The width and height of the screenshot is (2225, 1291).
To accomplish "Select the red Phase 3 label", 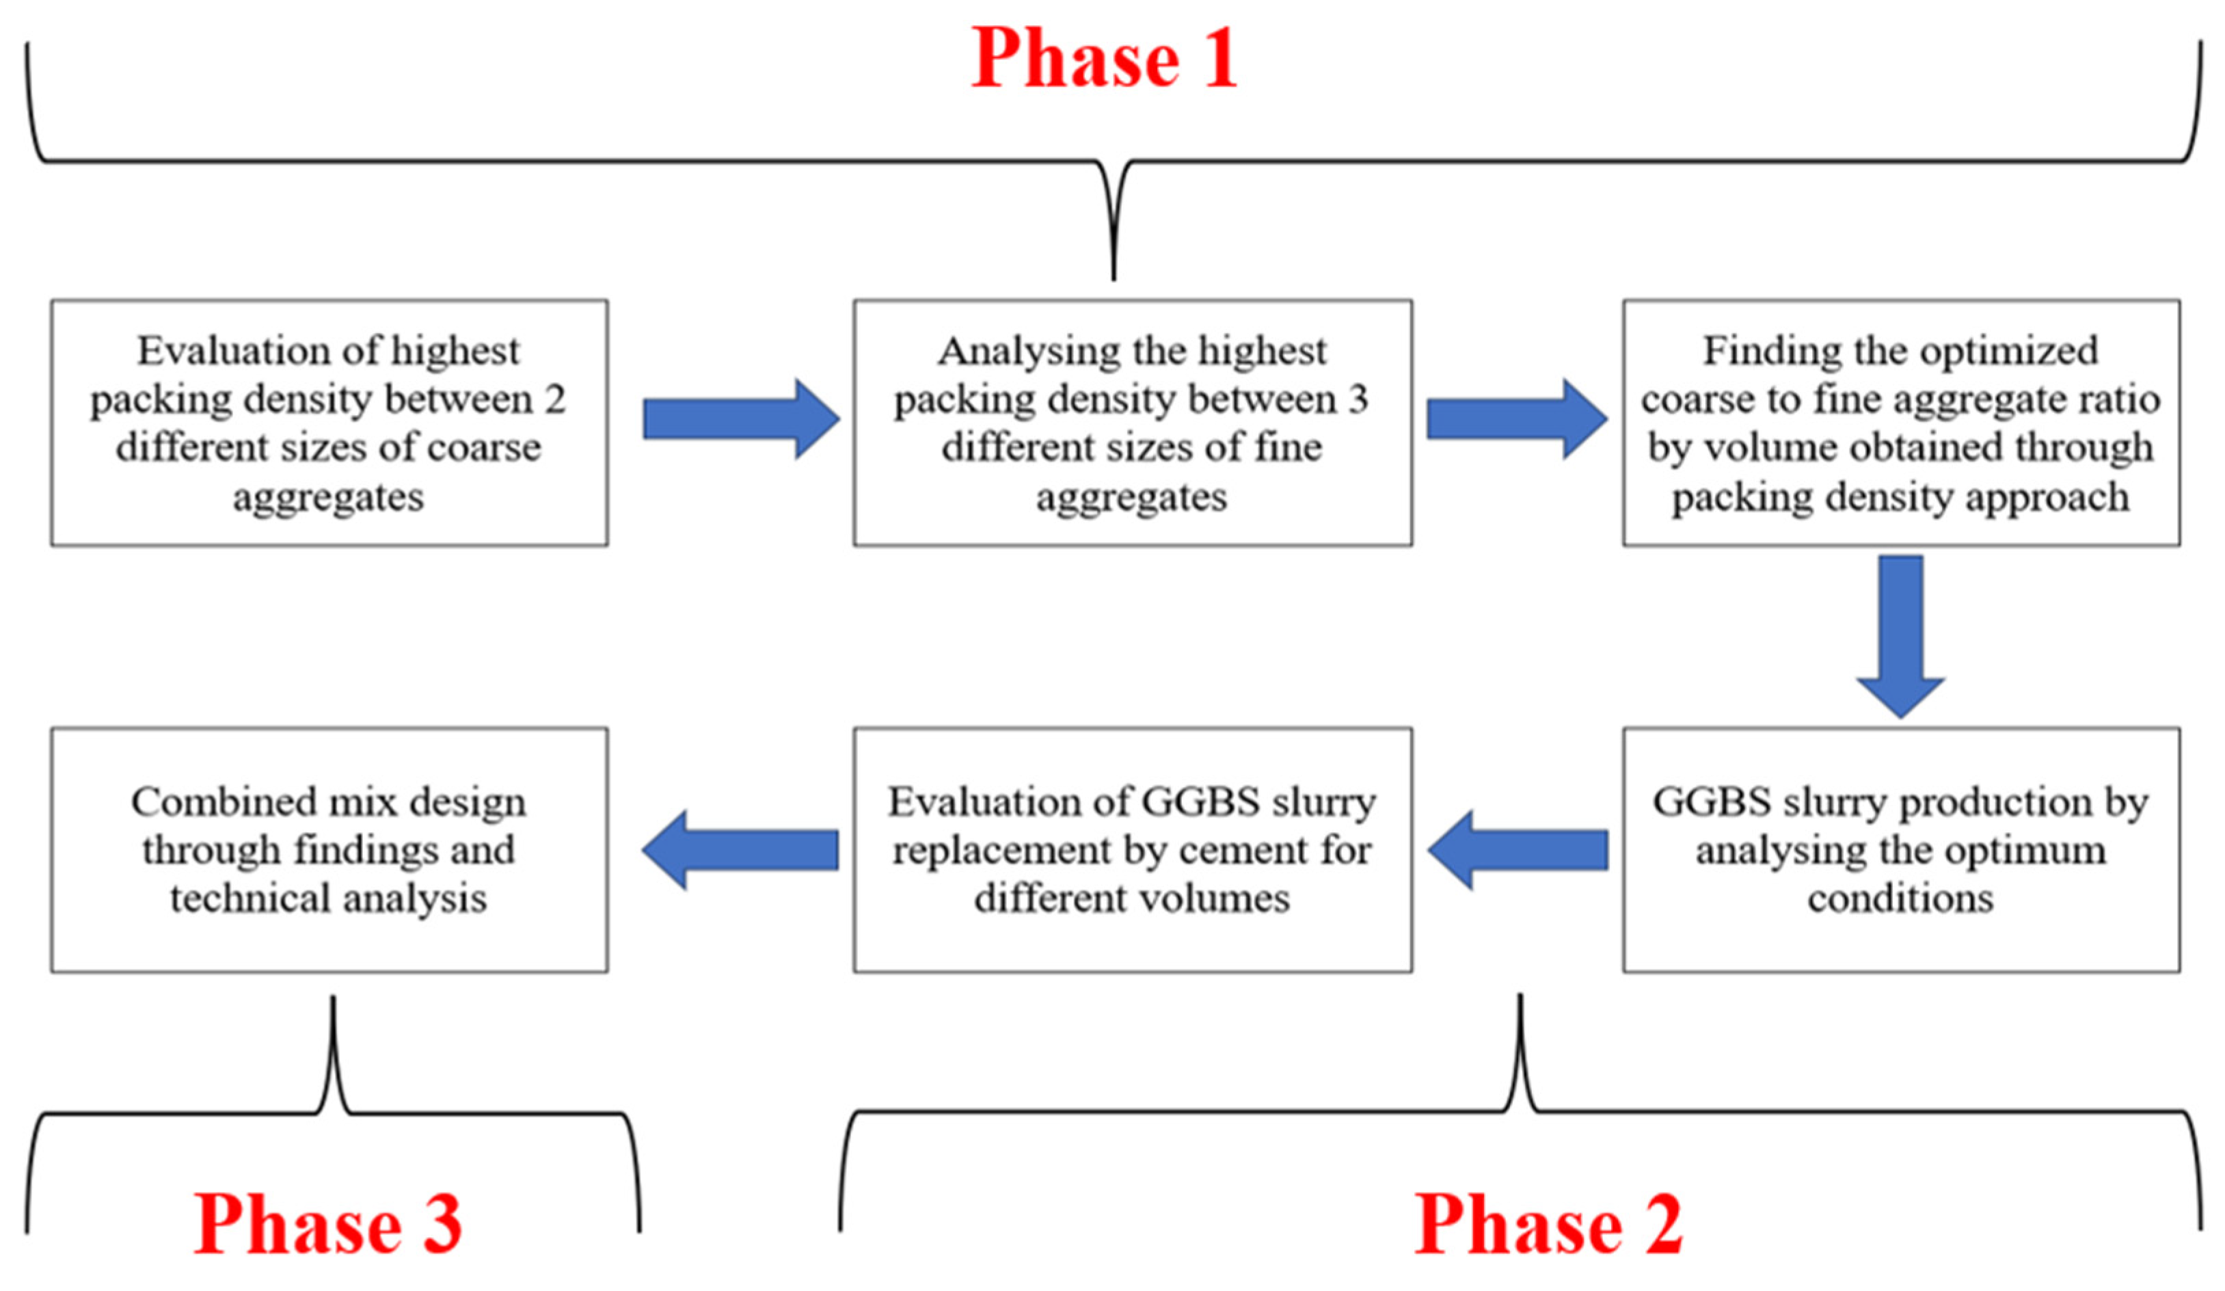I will [327, 1225].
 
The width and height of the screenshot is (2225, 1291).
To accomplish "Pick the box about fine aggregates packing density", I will [1131, 423].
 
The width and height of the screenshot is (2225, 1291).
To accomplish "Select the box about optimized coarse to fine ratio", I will [1900, 423].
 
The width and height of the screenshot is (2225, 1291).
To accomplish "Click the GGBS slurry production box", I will [1900, 851].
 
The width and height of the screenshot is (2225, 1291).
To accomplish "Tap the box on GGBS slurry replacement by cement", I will [1131, 851].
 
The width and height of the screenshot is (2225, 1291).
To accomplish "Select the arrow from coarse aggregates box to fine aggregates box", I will [740, 418].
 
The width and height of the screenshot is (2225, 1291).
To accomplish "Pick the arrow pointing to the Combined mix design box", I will [740, 851].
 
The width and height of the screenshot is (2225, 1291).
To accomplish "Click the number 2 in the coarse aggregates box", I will [554, 400].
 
